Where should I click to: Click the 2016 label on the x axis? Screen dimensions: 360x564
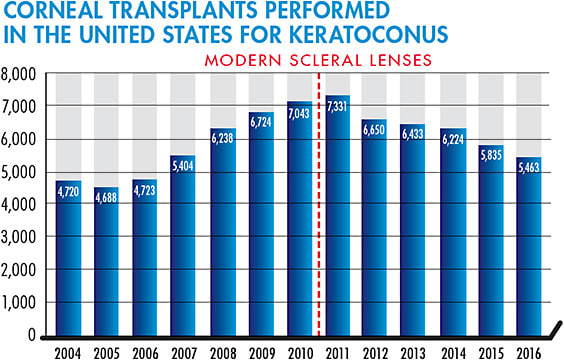coord(526,351)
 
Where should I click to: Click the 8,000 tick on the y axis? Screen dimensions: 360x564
coord(20,74)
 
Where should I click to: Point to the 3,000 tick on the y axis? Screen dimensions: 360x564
coord(20,237)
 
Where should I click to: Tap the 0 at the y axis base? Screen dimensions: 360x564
coord(33,335)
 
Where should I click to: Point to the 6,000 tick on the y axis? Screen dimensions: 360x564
coord(20,139)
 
